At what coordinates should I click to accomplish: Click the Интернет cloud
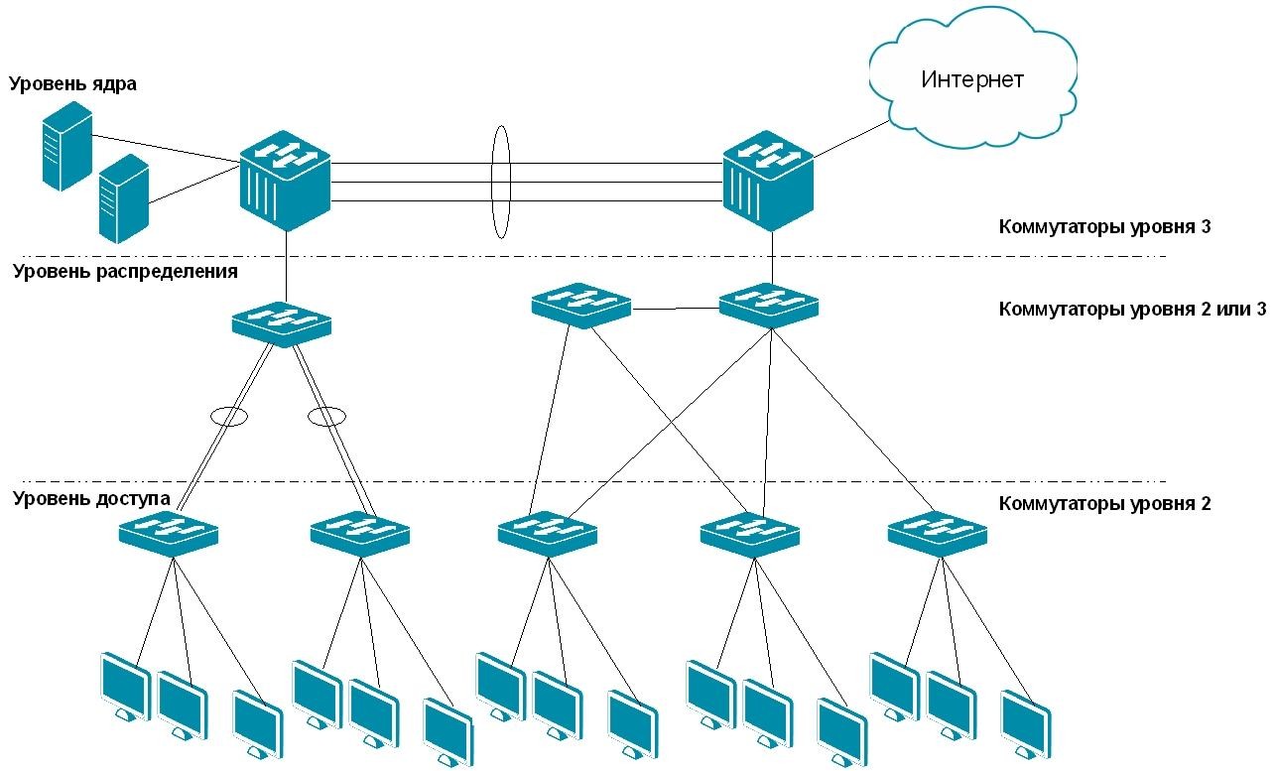pyautogui.click(x=972, y=78)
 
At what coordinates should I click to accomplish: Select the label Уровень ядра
pyautogui.click(x=73, y=83)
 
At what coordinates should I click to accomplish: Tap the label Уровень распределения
pyautogui.click(x=125, y=271)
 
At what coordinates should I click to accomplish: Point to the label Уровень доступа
pyautogui.click(x=92, y=498)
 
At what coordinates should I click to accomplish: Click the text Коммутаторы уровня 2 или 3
pyautogui.click(x=1132, y=309)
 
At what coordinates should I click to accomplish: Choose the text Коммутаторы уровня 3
pyautogui.click(x=1104, y=226)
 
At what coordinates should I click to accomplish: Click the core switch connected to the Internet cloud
pyautogui.click(x=768, y=181)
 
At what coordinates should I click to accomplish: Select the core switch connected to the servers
pyautogui.click(x=285, y=181)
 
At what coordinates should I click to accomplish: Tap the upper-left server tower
pyautogui.click(x=67, y=146)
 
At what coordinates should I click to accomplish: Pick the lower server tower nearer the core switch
pyautogui.click(x=124, y=198)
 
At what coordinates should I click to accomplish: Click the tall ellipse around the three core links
pyautogui.click(x=492, y=182)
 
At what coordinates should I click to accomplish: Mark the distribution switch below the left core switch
pyautogui.click(x=282, y=324)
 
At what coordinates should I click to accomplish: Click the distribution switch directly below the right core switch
pyautogui.click(x=768, y=306)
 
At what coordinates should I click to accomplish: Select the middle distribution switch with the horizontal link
pyautogui.click(x=581, y=306)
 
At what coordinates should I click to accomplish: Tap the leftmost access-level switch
pyautogui.click(x=168, y=534)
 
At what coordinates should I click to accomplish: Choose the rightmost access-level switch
pyautogui.click(x=938, y=534)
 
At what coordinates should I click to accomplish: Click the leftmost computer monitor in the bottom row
pyautogui.click(x=125, y=688)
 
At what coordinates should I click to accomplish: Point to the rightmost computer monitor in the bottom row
pyautogui.click(x=1026, y=724)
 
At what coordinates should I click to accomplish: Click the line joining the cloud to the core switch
pyautogui.click(x=851, y=139)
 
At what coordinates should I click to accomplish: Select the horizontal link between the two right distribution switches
pyautogui.click(x=676, y=309)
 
